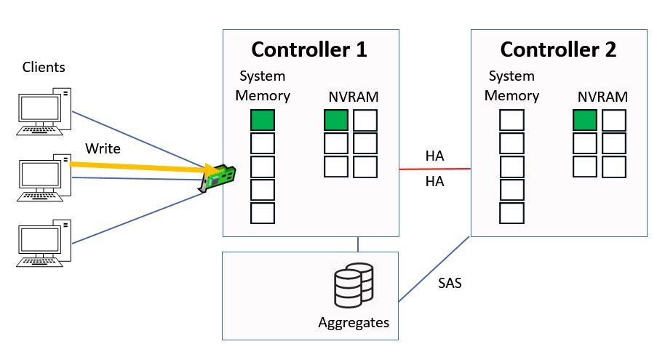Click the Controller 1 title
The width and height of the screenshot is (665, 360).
(309, 49)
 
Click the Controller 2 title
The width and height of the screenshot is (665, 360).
(558, 49)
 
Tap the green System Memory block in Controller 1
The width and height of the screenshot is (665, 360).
(263, 120)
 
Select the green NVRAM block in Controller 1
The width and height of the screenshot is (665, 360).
(336, 120)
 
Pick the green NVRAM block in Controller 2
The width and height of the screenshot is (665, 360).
(585, 120)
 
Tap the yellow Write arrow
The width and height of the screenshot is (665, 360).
(138, 167)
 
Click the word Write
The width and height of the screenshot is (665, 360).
(103, 148)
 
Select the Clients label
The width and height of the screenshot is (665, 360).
(44, 68)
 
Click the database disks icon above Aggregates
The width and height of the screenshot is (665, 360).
(353, 287)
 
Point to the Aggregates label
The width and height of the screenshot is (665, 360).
(354, 322)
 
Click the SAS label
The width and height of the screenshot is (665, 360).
(450, 283)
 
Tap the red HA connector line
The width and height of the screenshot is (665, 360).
(435, 170)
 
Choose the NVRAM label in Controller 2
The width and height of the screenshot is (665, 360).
(602, 96)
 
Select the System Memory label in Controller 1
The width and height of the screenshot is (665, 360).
(263, 86)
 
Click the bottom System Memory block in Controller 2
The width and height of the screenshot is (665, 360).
(511, 213)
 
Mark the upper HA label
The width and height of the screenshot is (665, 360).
(435, 156)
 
